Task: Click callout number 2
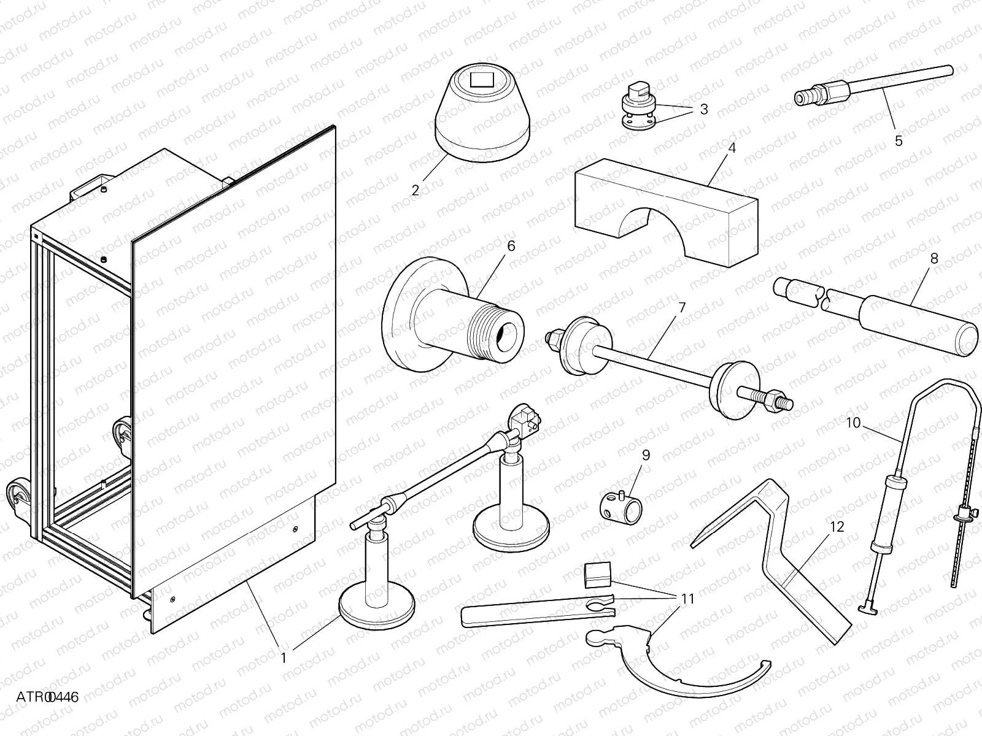pyautogui.click(x=416, y=190)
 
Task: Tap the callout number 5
pyautogui.click(x=899, y=141)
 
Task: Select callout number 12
pyautogui.click(x=837, y=527)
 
